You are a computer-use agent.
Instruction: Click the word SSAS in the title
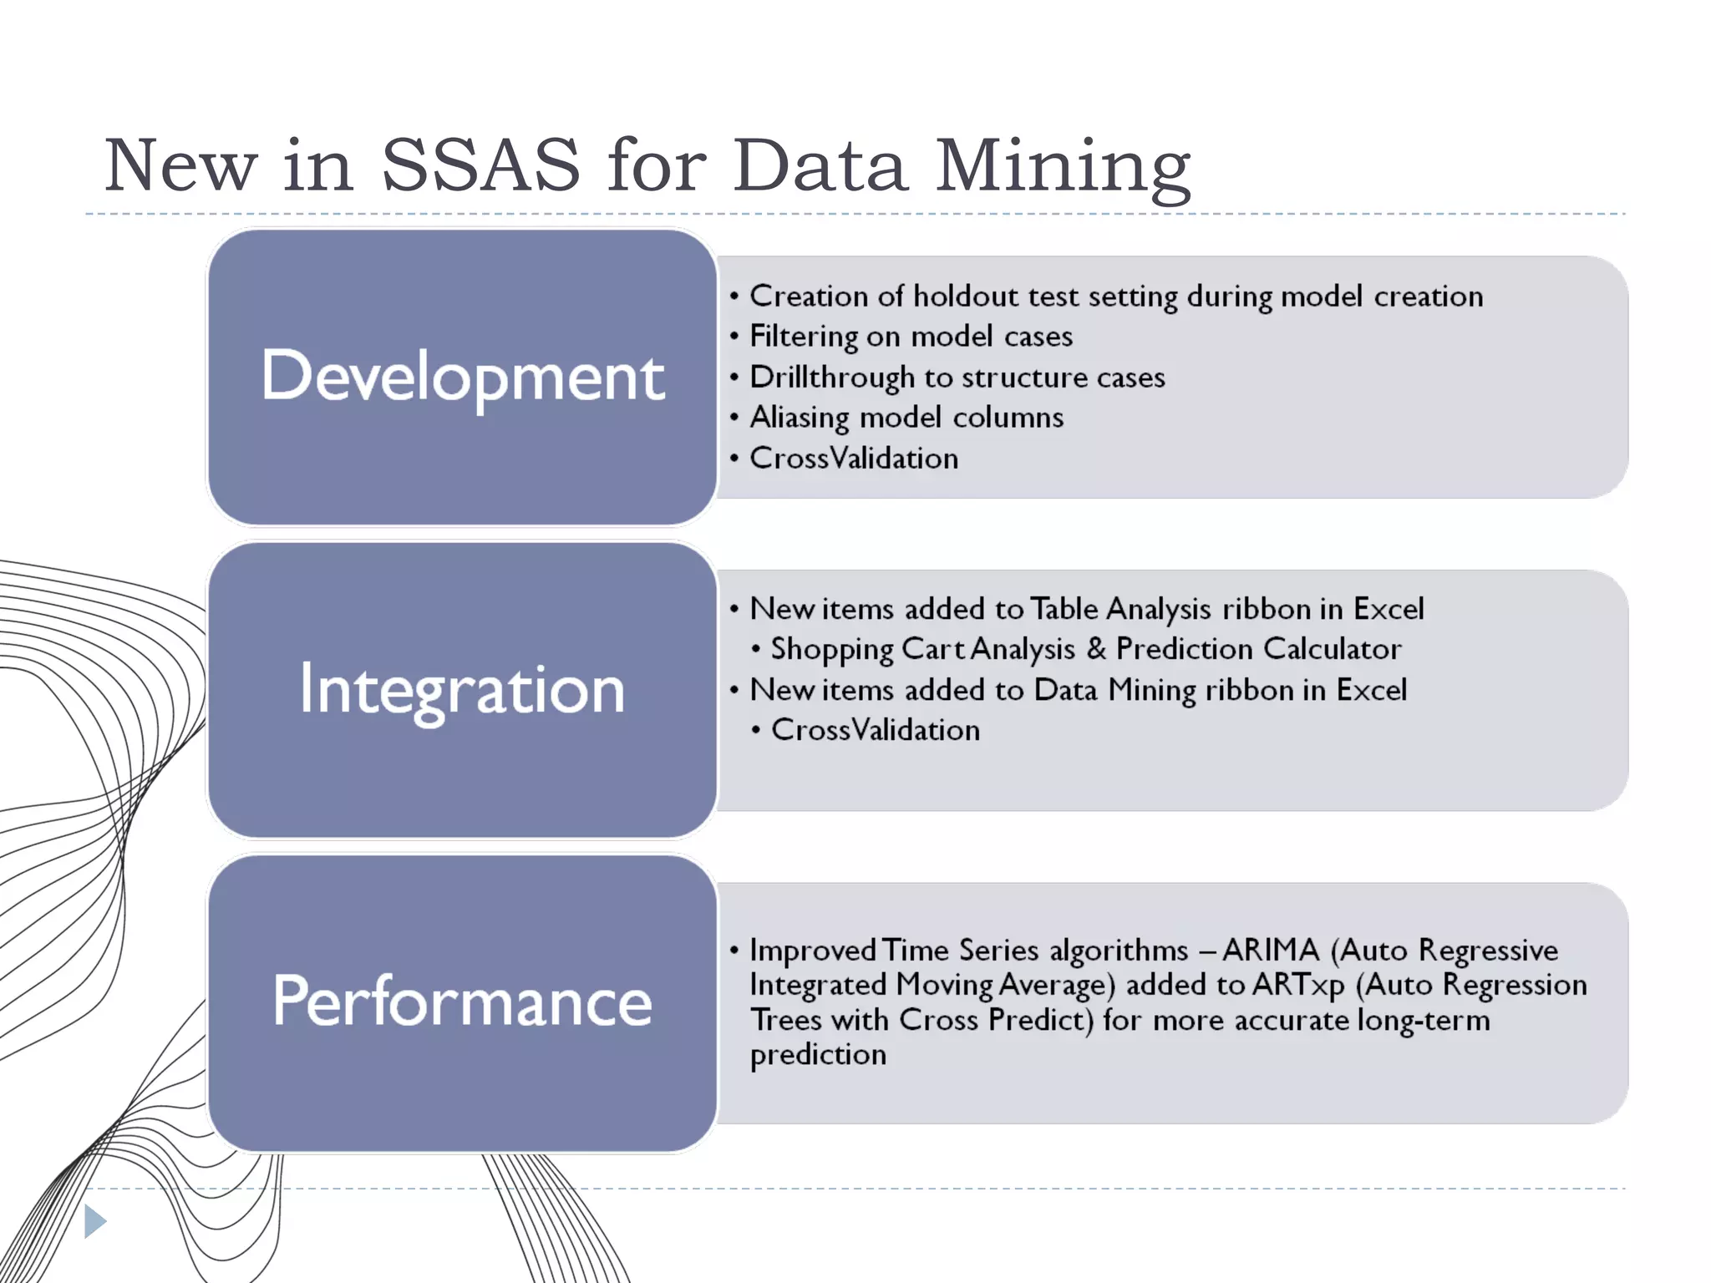[480, 165]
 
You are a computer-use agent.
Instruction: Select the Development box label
[463, 377]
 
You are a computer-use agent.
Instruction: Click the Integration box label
[462, 691]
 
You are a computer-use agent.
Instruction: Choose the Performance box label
[462, 1002]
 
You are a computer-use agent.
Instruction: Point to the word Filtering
[803, 337]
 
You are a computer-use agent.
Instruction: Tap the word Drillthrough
[831, 378]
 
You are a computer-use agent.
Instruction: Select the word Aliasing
[799, 418]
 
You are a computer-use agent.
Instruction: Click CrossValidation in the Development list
[853, 459]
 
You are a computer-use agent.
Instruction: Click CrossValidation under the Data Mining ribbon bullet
[875, 730]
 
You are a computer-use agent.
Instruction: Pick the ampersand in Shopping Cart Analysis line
[1096, 649]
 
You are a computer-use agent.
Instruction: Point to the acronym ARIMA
[1270, 951]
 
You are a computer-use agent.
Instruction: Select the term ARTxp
[1298, 986]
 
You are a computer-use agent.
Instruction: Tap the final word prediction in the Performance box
[818, 1055]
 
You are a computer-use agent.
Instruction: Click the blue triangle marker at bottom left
[94, 1222]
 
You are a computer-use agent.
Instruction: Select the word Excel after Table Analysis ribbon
[1388, 609]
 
